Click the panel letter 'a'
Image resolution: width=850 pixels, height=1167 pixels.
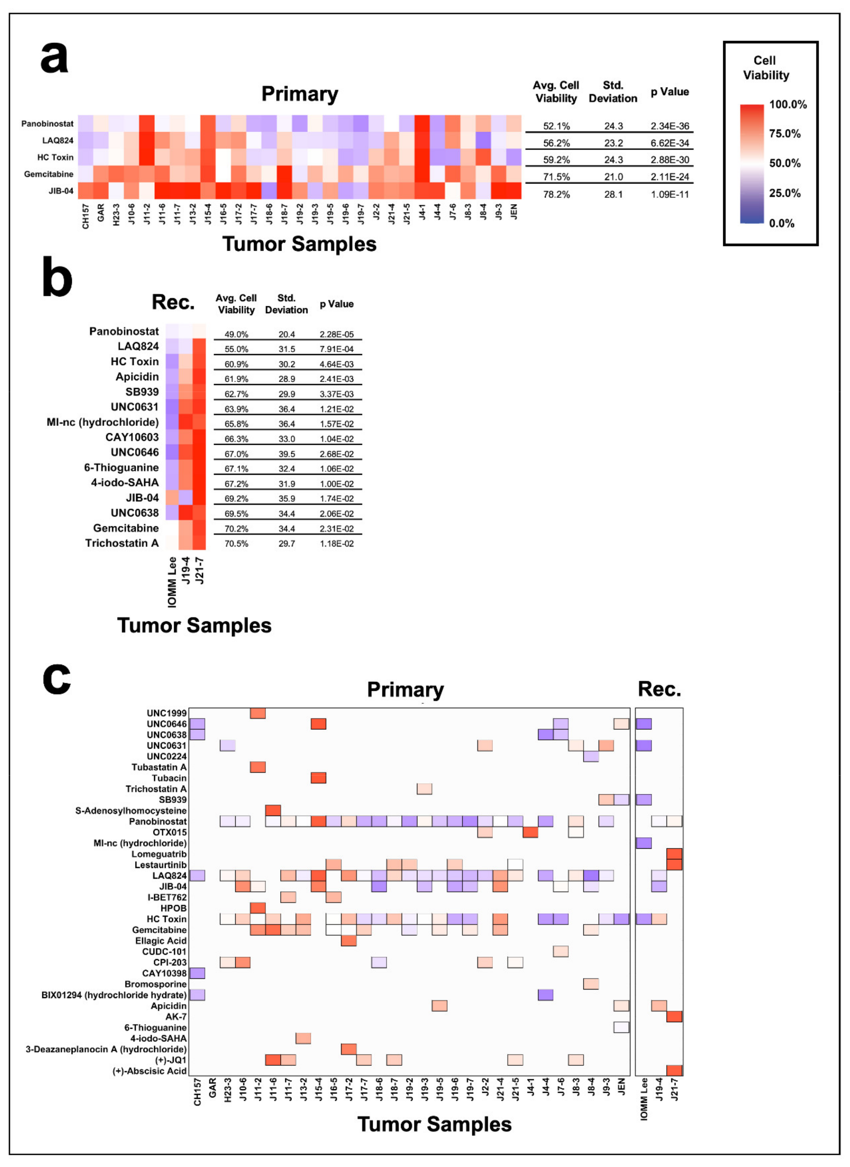tap(54, 58)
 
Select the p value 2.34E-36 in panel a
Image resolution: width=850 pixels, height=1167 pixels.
tap(669, 126)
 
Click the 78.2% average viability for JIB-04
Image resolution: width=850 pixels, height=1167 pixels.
tap(556, 194)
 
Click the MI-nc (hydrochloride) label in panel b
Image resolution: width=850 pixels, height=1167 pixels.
tap(102, 422)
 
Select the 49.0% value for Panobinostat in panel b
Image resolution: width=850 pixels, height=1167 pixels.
tap(236, 334)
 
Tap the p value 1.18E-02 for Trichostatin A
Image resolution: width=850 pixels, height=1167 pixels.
tap(337, 544)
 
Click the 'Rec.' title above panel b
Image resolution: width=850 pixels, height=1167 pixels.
tap(173, 302)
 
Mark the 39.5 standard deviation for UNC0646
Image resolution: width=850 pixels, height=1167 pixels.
tap(287, 454)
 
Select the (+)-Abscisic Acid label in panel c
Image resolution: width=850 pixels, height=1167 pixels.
tap(149, 1071)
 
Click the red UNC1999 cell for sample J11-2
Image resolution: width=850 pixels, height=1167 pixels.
tap(258, 713)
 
